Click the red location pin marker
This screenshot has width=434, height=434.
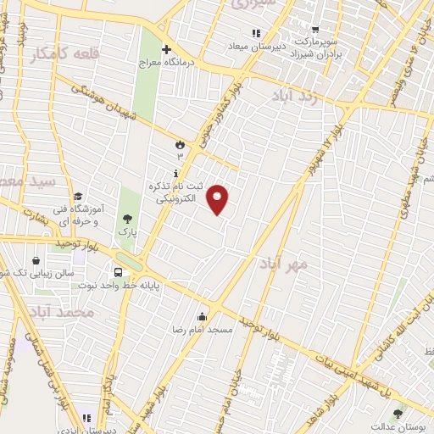pyautogui.click(x=219, y=198)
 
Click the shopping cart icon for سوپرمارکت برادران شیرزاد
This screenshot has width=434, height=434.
pyautogui.click(x=314, y=28)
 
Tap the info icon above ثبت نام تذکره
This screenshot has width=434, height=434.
pyautogui.click(x=175, y=173)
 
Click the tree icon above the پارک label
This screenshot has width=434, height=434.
pyautogui.click(x=127, y=218)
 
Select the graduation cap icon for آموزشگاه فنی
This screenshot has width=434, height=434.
pyautogui.click(x=77, y=197)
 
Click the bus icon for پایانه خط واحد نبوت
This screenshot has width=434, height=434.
pyautogui.click(x=118, y=272)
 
